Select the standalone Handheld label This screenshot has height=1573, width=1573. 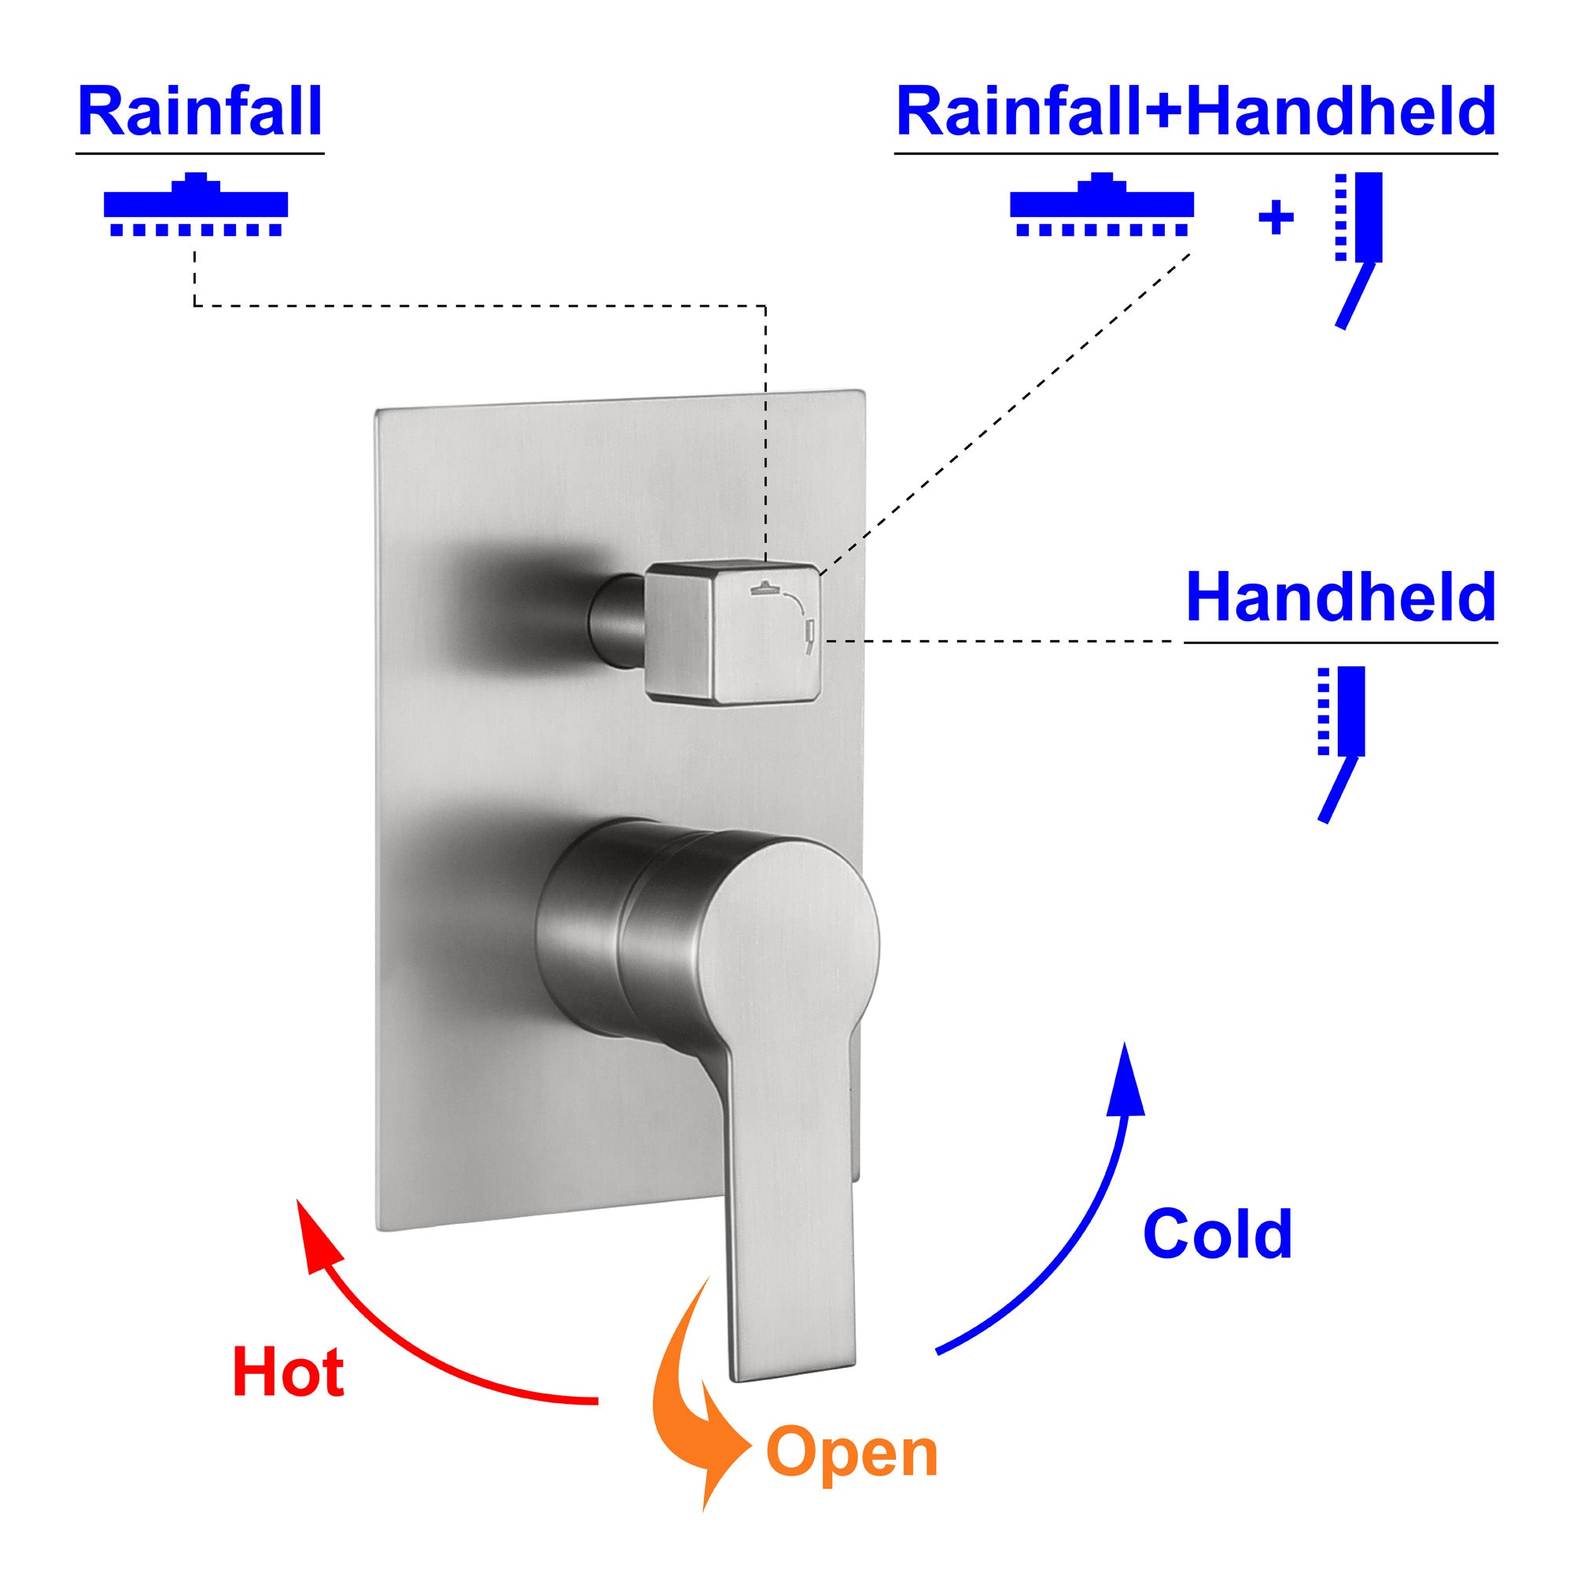tap(1340, 599)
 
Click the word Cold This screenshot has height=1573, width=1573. tap(1218, 1233)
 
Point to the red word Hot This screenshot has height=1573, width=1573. tap(288, 1372)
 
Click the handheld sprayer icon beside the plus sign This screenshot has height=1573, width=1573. tap(1358, 245)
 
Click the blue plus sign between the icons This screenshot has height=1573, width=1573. tap(1276, 218)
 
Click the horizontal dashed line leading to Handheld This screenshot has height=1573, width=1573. tap(1001, 642)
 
